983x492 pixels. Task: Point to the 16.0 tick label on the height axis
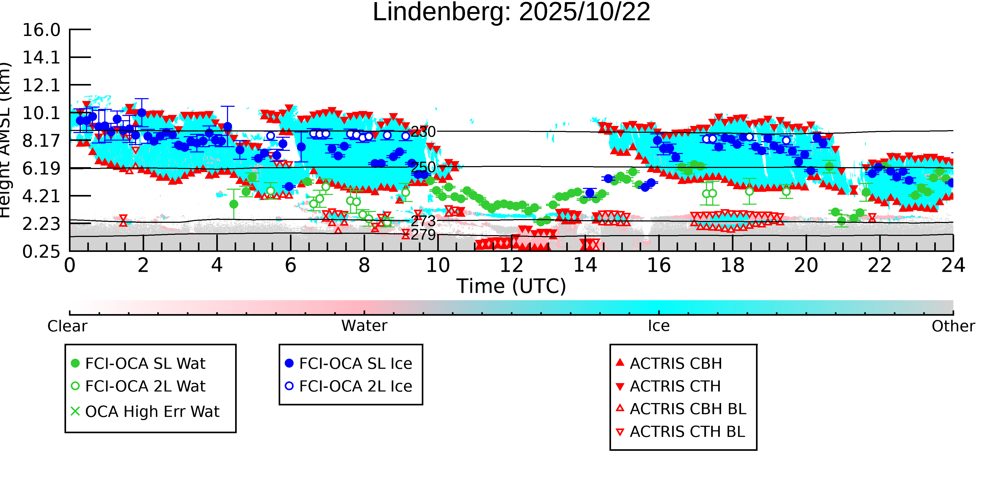pos(41,30)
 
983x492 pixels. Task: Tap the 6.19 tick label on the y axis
pos(41,168)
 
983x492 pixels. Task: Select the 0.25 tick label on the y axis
pos(41,252)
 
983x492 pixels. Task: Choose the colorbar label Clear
pos(67,326)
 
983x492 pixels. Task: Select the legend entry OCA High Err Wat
pos(152,412)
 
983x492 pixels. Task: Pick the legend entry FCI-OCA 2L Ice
pos(355,387)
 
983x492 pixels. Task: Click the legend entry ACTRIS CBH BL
pos(688,409)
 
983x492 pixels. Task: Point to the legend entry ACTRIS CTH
pos(675,387)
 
